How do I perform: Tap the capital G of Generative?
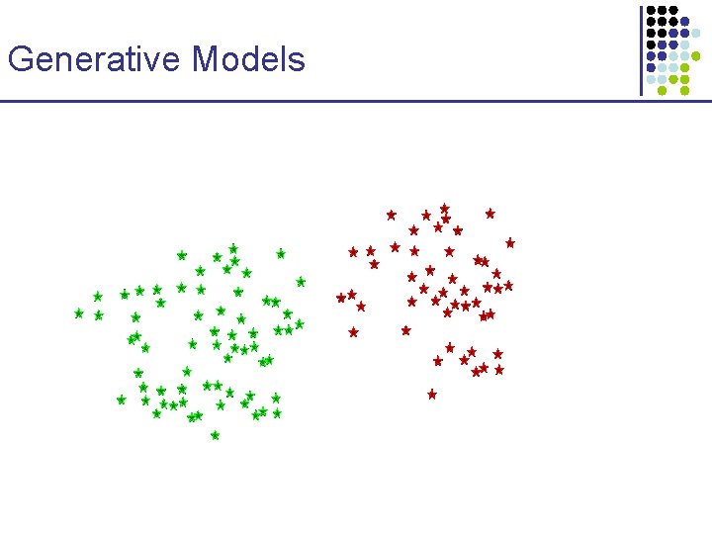(x=20, y=60)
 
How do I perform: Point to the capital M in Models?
(x=206, y=60)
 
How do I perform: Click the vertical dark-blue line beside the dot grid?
(x=641, y=49)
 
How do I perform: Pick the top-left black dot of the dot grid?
(x=651, y=10)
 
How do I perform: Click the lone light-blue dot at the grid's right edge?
(x=696, y=33)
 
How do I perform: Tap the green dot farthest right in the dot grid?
(x=696, y=55)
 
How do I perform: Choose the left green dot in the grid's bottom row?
(x=662, y=90)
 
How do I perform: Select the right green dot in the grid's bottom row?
(x=685, y=90)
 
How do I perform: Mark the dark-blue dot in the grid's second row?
(x=685, y=22)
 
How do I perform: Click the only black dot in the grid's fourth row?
(x=651, y=44)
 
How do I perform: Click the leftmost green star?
(x=79, y=313)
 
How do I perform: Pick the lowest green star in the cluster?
(x=215, y=435)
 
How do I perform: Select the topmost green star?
(x=233, y=249)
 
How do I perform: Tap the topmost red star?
(x=445, y=209)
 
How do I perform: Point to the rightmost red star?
(x=510, y=242)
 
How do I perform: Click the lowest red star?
(x=432, y=394)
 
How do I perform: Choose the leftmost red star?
(x=341, y=297)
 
